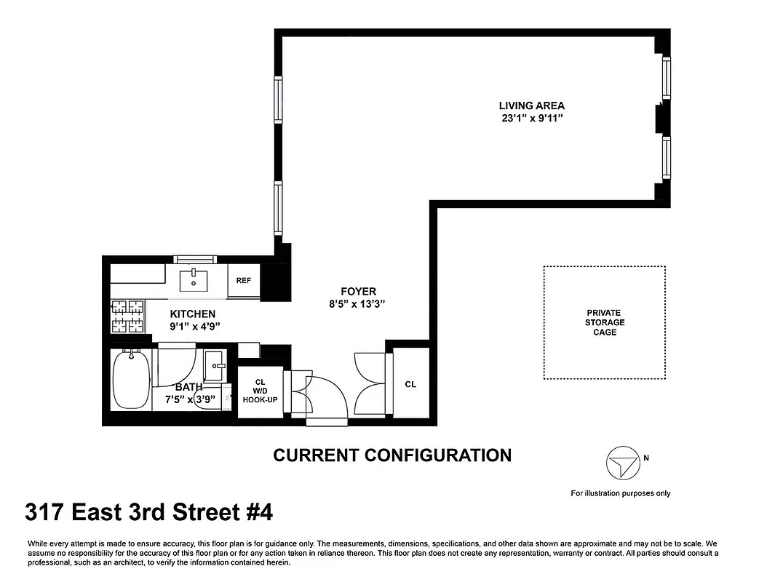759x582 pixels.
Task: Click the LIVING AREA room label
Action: [x=531, y=105]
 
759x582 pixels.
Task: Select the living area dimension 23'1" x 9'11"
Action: [x=531, y=119]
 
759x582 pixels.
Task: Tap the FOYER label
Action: [x=357, y=292]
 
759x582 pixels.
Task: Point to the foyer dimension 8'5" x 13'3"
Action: [x=357, y=305]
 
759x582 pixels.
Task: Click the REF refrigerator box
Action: [x=243, y=281]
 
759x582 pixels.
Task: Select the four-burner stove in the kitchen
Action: [x=127, y=317]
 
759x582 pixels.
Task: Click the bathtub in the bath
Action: [x=132, y=380]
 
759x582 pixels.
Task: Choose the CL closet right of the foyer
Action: [x=410, y=384]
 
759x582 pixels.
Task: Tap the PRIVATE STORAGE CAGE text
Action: [x=604, y=322]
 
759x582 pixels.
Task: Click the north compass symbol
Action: [x=622, y=463]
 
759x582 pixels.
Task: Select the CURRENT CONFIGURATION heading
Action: [x=392, y=455]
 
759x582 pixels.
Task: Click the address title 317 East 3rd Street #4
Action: [x=149, y=513]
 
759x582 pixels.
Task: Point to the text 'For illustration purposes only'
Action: [x=620, y=493]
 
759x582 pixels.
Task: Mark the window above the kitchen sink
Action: [x=194, y=259]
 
